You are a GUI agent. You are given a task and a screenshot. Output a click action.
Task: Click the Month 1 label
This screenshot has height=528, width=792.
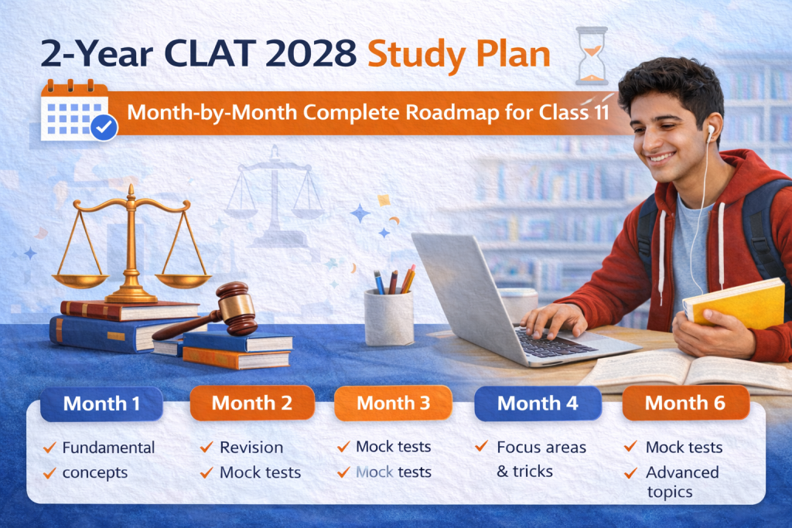tap(101, 404)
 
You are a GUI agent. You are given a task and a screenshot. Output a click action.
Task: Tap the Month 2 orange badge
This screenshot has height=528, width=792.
tap(252, 403)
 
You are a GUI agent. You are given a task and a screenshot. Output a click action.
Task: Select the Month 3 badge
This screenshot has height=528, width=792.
tap(393, 403)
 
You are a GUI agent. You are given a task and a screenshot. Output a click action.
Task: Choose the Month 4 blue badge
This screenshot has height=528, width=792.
tap(538, 404)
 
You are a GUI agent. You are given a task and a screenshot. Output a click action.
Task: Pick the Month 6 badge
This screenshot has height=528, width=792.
tap(685, 403)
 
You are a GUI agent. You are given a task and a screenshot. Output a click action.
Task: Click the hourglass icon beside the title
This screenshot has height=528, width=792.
tap(592, 56)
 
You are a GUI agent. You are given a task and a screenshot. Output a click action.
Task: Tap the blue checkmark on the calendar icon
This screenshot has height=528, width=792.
tap(104, 128)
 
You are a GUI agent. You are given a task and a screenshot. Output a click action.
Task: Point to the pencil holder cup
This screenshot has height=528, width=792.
tap(389, 317)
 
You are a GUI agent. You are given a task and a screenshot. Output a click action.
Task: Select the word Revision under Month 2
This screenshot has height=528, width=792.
tap(251, 448)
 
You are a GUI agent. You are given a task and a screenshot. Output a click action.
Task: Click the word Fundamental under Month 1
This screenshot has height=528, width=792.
tap(108, 448)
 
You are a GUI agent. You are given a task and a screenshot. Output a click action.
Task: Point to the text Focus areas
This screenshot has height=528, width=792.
tap(541, 448)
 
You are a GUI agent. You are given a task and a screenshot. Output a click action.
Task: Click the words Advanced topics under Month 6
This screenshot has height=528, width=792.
tap(682, 482)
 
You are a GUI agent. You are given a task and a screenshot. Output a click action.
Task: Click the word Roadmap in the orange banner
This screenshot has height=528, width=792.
tap(452, 113)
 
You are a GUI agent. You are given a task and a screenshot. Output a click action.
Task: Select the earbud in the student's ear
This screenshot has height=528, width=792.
tap(711, 133)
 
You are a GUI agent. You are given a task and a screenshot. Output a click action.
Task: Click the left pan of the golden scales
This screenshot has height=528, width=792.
tap(80, 280)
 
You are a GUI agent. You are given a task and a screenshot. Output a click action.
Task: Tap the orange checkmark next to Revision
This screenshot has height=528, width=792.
tap(207, 447)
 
